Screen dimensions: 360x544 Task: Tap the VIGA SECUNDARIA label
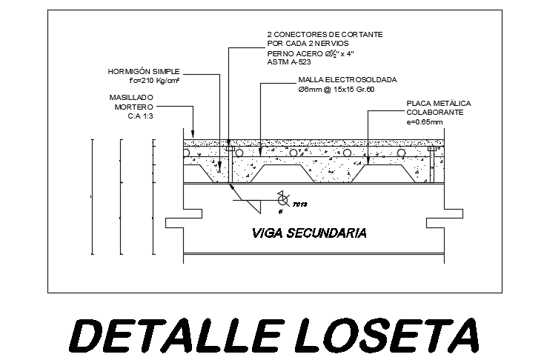[x=309, y=233]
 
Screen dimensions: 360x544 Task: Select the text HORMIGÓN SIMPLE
[x=144, y=72]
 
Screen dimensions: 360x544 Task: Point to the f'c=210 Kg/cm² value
[x=156, y=81]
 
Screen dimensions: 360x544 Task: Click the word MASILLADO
[x=131, y=97]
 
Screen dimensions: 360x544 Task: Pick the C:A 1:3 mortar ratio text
[x=140, y=116]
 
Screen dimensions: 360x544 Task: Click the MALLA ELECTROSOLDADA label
[x=347, y=79]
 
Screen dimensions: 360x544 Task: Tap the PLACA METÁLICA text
[x=439, y=103]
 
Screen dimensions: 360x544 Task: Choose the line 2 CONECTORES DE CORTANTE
[x=325, y=35]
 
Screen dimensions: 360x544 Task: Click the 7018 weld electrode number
[x=300, y=204]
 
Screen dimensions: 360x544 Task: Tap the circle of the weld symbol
[x=282, y=199]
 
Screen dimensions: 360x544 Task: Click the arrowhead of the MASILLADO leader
[x=193, y=133]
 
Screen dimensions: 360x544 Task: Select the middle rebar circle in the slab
[x=294, y=153]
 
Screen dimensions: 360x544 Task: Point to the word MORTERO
[x=133, y=107]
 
